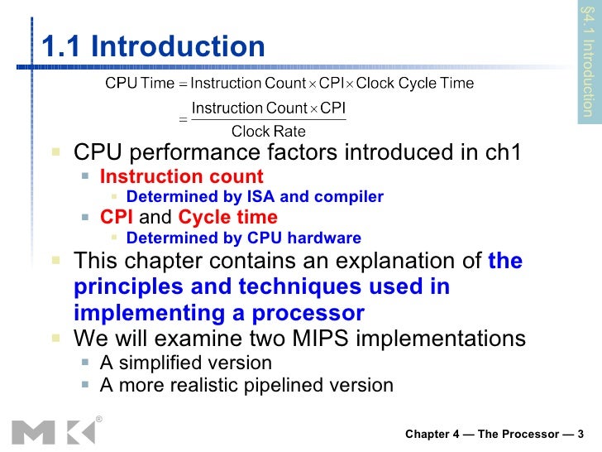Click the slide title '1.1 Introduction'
[153, 47]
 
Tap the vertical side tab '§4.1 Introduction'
[588, 62]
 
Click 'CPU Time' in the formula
[140, 83]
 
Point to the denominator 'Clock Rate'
[268, 132]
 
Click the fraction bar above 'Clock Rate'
[268, 119]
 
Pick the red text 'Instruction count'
[181, 176]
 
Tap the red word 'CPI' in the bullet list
[117, 218]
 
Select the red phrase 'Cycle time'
[228, 218]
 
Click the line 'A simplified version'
[185, 363]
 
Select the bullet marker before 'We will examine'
[55, 339]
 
